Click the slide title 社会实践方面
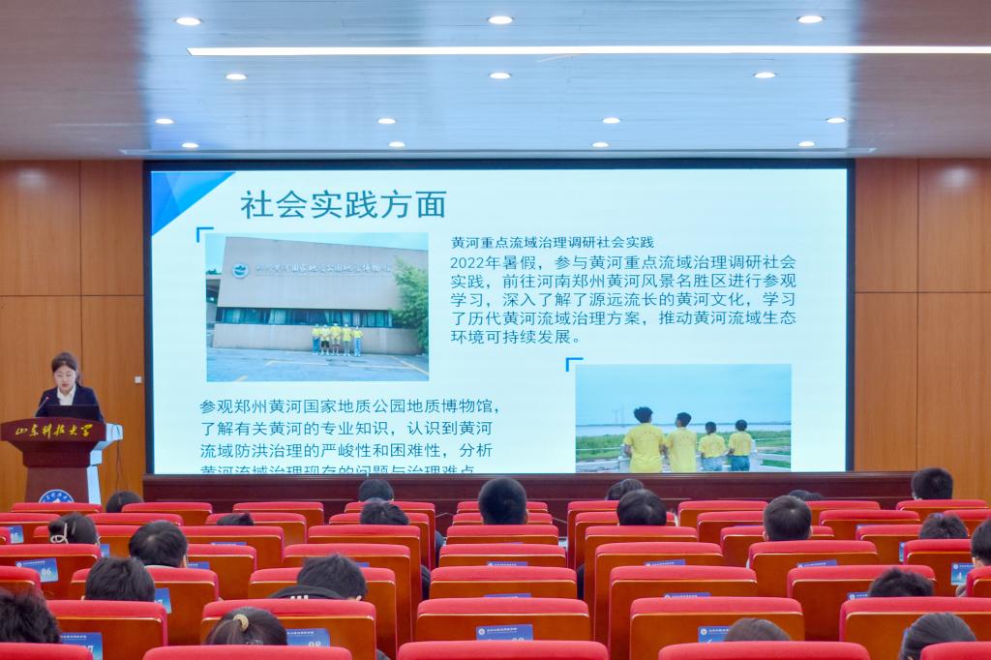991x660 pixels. click(x=343, y=205)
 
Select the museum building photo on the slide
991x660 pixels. click(x=316, y=306)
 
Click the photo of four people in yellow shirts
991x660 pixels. click(x=682, y=418)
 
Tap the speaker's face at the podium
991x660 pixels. click(x=66, y=372)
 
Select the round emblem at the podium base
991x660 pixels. click(x=56, y=496)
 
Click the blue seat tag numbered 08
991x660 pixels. click(x=308, y=638)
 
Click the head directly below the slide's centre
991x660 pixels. click(x=503, y=500)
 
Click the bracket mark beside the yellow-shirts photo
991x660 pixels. click(x=573, y=364)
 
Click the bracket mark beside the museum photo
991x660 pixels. click(x=204, y=233)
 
